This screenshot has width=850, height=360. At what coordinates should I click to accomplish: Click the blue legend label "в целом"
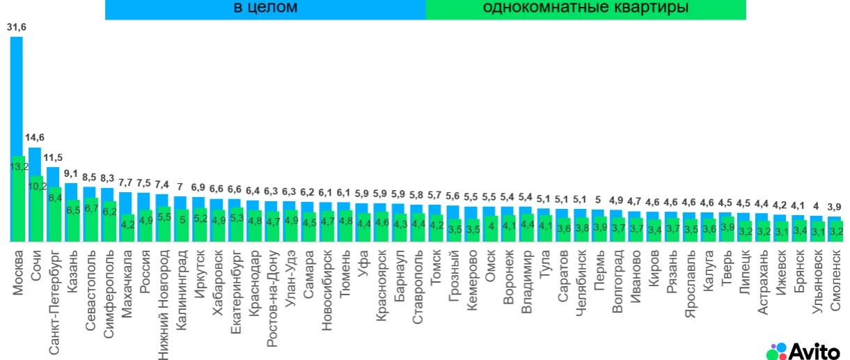point(265,8)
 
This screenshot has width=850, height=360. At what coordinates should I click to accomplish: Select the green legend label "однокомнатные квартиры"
point(585,8)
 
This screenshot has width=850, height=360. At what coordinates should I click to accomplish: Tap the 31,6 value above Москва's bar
point(16,27)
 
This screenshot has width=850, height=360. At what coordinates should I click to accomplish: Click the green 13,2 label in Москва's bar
point(17,167)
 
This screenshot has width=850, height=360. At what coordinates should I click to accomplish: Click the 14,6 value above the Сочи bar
point(34,138)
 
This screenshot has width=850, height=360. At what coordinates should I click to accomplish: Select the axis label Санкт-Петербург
point(54,299)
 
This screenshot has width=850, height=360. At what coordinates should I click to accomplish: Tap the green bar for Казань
point(72,216)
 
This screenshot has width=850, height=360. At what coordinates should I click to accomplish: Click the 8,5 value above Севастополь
point(89,177)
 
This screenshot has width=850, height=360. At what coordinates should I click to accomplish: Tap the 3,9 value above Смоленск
point(834,207)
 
